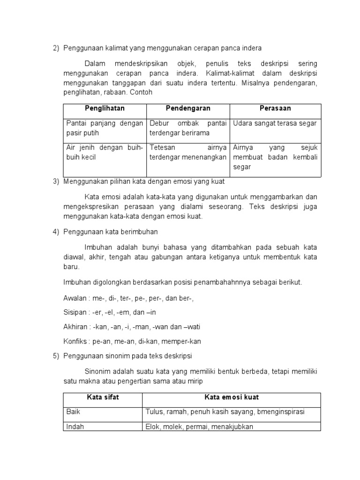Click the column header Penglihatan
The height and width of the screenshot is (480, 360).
(105, 108)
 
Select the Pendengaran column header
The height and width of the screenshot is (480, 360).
(188, 108)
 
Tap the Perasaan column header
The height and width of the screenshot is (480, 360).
(275, 108)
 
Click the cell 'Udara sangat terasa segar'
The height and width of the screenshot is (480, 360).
(275, 123)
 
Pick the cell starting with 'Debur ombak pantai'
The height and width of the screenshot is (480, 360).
(188, 127)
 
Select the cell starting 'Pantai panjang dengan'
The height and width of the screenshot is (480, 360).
(105, 127)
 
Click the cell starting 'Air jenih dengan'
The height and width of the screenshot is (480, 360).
(105, 152)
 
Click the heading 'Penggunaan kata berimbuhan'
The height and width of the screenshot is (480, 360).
(111, 231)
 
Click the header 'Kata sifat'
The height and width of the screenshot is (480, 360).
(103, 397)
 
